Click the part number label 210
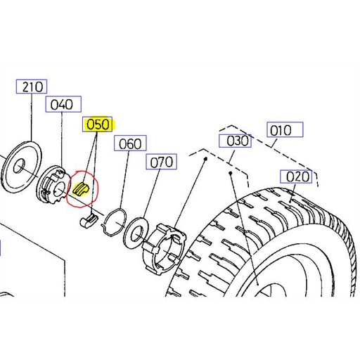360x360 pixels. coord(32,87)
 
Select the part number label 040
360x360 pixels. coord(61,105)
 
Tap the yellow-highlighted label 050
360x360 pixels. coord(98,125)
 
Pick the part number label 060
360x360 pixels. coord(129,144)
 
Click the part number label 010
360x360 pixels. coord(284,130)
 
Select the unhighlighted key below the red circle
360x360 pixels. coord(86,221)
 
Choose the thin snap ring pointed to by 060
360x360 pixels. coord(112,224)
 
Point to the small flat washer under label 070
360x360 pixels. coord(136,233)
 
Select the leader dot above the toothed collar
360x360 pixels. coord(205,160)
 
